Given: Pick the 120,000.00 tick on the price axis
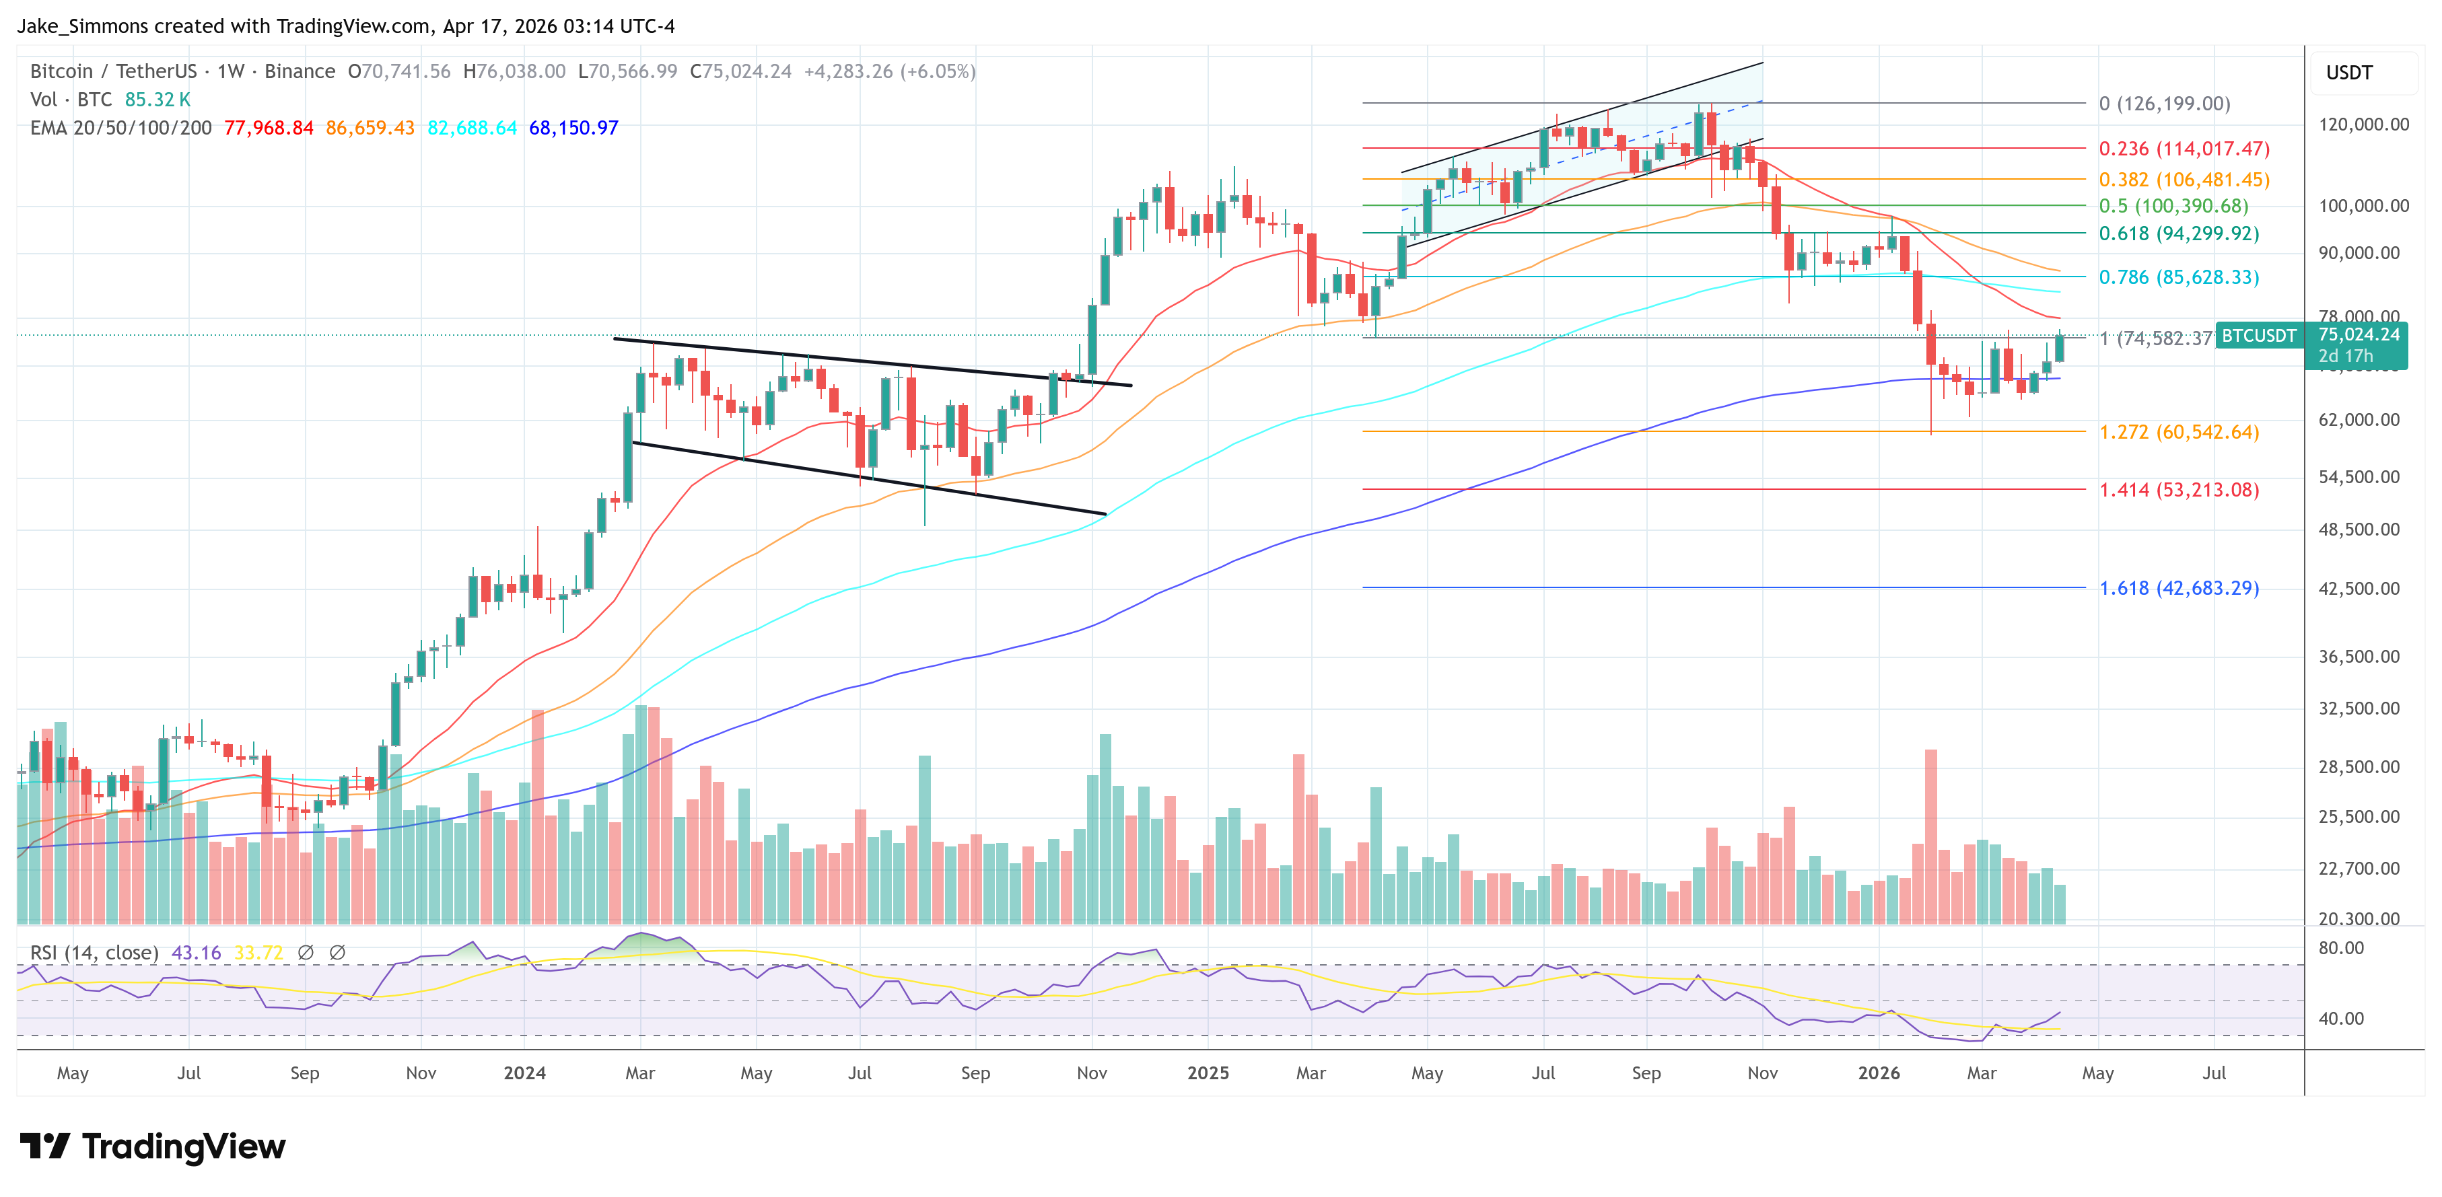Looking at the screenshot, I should pos(2363,124).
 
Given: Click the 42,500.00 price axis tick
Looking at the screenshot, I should pos(2359,589).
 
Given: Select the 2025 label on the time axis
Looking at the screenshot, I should pos(1208,1073).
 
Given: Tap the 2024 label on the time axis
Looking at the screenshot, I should pos(524,1073).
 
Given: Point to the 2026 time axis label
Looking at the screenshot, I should pos(1878,1073).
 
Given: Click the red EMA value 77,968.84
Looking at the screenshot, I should pos(269,128).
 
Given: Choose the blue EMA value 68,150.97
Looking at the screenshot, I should pos(573,128).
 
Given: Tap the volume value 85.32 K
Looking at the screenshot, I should pos(158,100).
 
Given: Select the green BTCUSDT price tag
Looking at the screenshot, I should pos(2259,336).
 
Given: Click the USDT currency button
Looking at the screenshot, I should pos(2348,73).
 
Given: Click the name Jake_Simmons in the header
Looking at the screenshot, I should pos(83,26).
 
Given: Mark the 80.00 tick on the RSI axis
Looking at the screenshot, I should pos(2340,948).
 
